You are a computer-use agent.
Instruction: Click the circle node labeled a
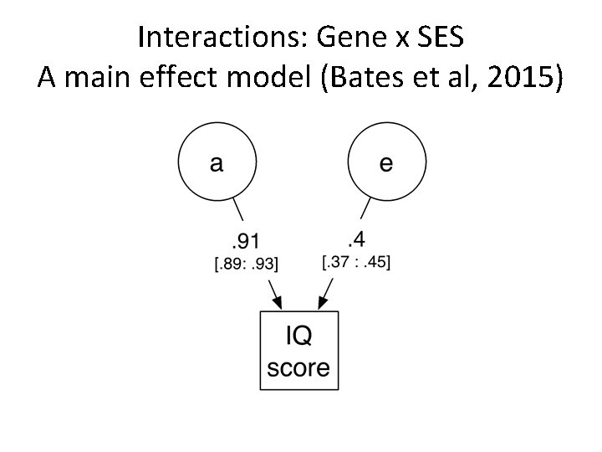(x=216, y=162)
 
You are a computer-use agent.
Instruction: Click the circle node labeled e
(x=385, y=162)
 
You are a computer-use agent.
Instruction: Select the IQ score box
(x=299, y=351)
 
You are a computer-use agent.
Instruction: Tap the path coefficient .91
(x=244, y=243)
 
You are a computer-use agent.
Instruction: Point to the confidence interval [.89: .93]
(x=247, y=265)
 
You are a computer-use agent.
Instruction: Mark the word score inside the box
(x=299, y=367)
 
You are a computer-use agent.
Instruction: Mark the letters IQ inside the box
(x=299, y=336)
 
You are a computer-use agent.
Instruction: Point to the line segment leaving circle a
(x=238, y=211)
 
